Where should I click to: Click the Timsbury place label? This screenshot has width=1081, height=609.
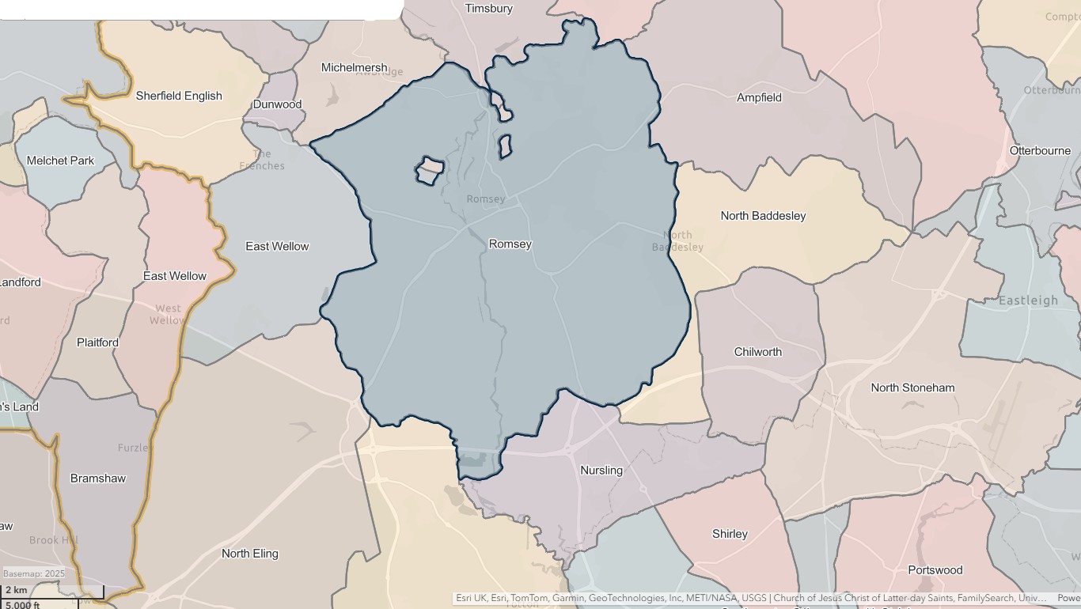pos(488,9)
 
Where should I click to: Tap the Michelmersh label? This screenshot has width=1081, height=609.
pos(354,67)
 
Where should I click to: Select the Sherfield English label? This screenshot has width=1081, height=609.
pos(179,96)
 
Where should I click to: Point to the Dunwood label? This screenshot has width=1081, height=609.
pos(277,104)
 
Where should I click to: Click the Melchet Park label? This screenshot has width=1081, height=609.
pos(60,161)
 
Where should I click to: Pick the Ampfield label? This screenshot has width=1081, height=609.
pos(759,98)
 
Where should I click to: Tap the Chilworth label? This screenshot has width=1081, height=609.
pos(757,352)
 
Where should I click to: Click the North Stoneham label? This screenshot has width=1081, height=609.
pos(912,388)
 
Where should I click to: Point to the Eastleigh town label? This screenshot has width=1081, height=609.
pos(1028,301)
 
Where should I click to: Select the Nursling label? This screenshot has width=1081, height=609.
pos(601,471)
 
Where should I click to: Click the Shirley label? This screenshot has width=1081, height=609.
pos(730,534)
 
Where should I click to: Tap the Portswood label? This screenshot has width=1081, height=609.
pos(935,570)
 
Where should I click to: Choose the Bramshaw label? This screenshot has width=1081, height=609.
pos(98,478)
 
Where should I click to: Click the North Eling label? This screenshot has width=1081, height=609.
pos(249,554)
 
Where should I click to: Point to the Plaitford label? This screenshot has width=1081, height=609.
pos(97,342)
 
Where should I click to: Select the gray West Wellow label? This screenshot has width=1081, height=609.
pos(168,314)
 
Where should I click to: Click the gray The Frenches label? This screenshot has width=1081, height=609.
pos(262,160)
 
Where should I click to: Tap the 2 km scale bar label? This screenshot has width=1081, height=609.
pos(16,590)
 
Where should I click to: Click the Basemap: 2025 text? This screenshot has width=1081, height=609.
pos(34,573)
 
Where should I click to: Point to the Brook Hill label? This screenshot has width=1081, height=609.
pos(54,540)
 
